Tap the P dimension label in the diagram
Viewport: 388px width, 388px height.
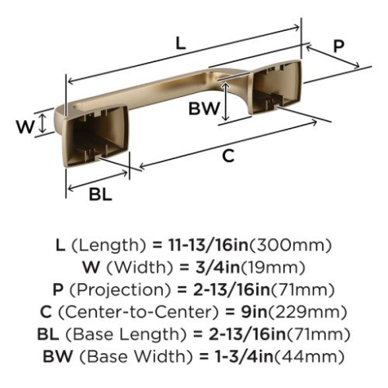tap(339, 46)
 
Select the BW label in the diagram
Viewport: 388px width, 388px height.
tap(204, 108)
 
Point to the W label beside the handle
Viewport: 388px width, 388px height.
tap(25, 127)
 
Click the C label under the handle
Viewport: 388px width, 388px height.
tap(228, 156)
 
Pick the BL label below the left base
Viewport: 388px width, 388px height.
tap(100, 194)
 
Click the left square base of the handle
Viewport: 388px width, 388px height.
tap(95, 137)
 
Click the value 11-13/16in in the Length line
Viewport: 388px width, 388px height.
tap(208, 245)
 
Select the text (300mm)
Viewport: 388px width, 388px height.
tap(290, 245)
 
